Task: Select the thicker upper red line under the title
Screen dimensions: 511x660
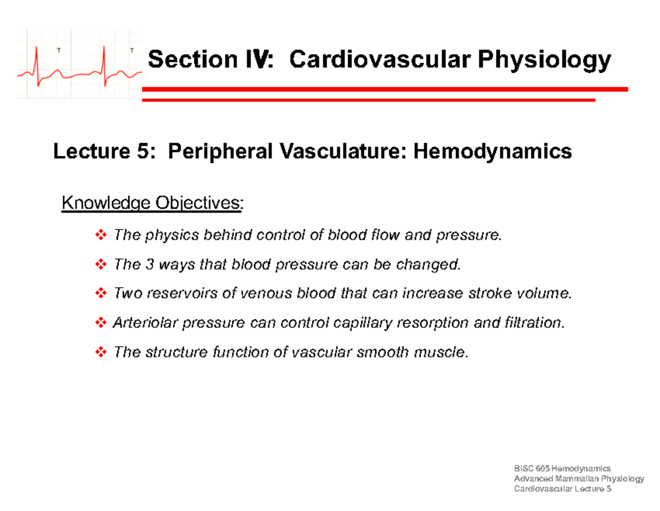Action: click(384, 89)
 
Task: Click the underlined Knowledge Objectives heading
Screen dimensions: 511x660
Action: click(152, 204)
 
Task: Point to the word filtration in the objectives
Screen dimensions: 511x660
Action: click(533, 322)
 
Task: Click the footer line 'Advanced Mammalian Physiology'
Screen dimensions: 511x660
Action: click(578, 479)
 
